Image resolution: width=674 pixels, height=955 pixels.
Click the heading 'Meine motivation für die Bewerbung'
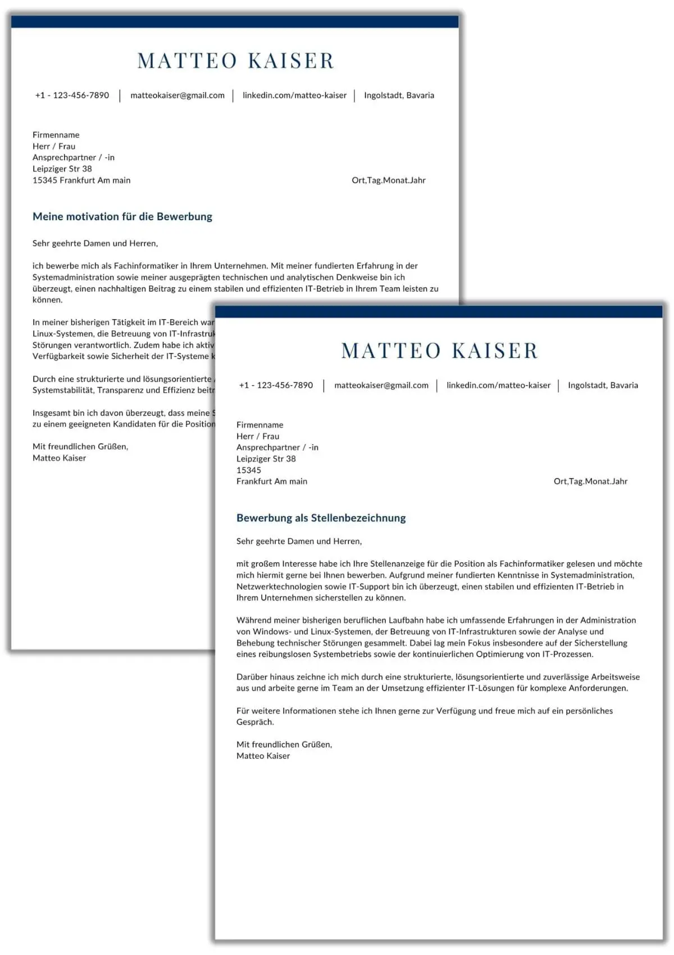[122, 217]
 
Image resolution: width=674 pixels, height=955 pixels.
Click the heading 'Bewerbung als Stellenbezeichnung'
[321, 518]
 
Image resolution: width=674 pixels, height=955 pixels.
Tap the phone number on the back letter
[72, 95]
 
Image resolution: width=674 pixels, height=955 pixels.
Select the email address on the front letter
[381, 385]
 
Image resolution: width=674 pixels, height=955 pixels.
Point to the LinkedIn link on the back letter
[294, 95]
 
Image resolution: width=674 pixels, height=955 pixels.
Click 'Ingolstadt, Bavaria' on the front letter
[603, 385]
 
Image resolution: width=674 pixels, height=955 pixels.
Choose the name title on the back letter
[235, 61]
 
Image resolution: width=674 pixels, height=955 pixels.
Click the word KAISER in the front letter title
[495, 351]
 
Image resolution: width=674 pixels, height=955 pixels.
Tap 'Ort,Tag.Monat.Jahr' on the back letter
[388, 180]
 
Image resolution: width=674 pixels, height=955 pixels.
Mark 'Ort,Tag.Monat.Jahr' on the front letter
[590, 481]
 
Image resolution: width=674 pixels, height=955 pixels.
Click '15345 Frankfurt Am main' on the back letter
[81, 180]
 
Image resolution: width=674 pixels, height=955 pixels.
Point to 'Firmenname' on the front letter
[259, 425]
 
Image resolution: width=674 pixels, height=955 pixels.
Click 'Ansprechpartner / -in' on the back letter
[73, 158]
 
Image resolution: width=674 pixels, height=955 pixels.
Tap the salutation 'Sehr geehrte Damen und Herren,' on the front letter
[299, 542]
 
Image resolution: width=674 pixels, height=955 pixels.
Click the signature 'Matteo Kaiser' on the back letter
[59, 458]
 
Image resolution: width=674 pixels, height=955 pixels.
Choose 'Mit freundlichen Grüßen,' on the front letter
[284, 745]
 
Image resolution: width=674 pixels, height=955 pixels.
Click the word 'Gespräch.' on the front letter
[255, 722]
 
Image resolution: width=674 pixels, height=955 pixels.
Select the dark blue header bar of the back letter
[235, 22]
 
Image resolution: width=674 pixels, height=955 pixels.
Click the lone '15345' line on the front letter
[249, 470]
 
